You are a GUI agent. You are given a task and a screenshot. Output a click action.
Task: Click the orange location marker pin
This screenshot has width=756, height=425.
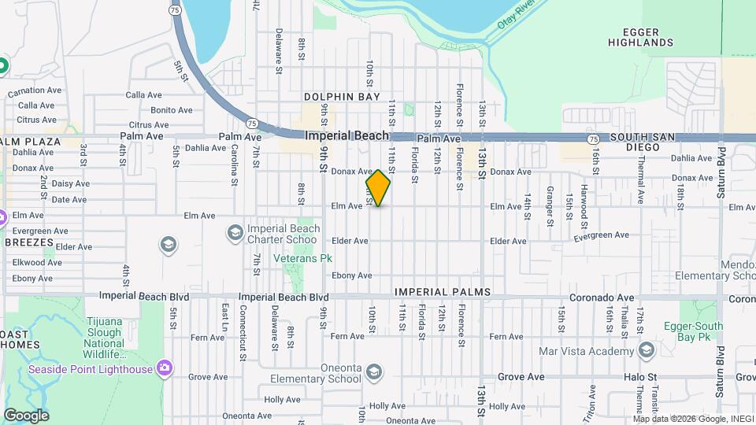coord(378,188)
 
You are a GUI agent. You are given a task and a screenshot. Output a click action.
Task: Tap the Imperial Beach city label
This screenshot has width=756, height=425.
coord(347,135)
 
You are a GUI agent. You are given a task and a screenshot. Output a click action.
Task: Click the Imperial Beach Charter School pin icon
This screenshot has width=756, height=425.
coord(235,232)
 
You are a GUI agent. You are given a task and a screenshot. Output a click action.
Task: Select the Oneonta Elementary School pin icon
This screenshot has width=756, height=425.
coord(374,371)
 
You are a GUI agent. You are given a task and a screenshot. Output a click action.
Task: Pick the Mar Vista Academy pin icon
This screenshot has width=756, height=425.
coord(647,349)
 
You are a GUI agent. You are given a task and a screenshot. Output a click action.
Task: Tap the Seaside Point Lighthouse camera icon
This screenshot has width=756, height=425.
coord(164,368)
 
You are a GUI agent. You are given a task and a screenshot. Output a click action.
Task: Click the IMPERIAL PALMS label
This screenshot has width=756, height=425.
coord(443,292)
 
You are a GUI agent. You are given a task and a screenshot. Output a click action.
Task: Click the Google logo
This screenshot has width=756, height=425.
coord(26,416)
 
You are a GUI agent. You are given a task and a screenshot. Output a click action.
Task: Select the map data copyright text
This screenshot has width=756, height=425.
coord(692,419)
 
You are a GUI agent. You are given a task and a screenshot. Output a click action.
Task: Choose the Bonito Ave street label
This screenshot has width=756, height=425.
coord(171,110)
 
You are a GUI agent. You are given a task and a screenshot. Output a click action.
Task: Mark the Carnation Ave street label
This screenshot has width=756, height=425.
coord(35,91)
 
